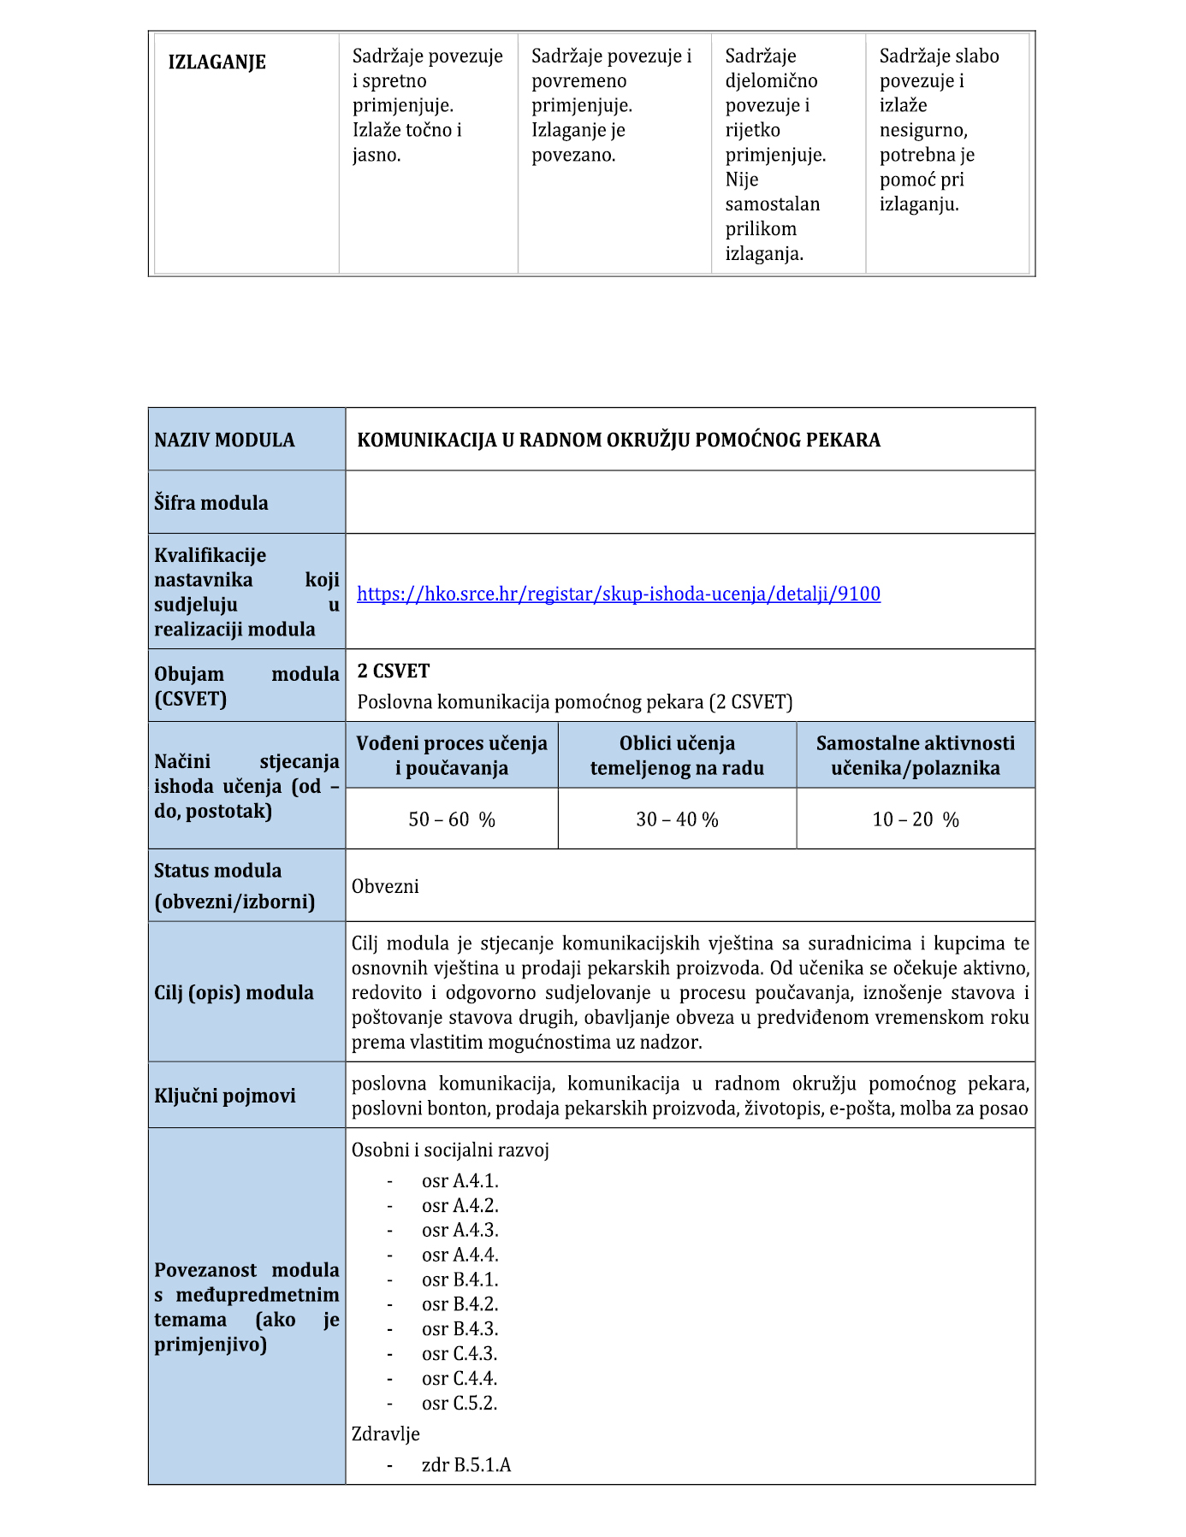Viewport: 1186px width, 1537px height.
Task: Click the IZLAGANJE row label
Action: pos(216,62)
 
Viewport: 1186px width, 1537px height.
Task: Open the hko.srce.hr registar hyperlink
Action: pos(618,594)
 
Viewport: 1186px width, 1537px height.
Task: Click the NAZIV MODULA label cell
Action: pos(224,440)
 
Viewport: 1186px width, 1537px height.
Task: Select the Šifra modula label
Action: pos(211,503)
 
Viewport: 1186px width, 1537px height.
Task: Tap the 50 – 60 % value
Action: pos(452,819)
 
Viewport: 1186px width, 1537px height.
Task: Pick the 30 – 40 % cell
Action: pos(677,819)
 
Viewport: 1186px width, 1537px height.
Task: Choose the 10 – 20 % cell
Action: pos(916,819)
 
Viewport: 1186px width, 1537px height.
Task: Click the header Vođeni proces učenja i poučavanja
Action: pos(452,755)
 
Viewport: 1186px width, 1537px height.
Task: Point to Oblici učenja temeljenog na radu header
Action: pos(677,755)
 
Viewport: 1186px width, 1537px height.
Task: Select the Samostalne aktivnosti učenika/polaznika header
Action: pos(916,755)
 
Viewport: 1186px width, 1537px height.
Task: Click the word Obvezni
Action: pos(385,886)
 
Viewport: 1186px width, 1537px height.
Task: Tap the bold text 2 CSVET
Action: pos(394,671)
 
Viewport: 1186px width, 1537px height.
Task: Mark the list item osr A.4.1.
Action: pos(460,1181)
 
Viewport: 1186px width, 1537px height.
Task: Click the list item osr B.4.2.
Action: pos(460,1304)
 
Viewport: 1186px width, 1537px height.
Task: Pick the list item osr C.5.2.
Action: pos(460,1403)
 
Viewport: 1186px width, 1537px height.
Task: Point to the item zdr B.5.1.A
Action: pos(466,1465)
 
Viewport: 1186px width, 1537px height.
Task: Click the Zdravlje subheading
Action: pos(386,1434)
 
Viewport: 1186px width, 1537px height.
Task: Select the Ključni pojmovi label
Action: pos(225,1096)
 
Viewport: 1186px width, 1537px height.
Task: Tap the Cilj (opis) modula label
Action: pos(234,992)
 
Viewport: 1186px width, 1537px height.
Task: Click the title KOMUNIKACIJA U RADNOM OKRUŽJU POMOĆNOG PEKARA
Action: pos(619,440)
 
